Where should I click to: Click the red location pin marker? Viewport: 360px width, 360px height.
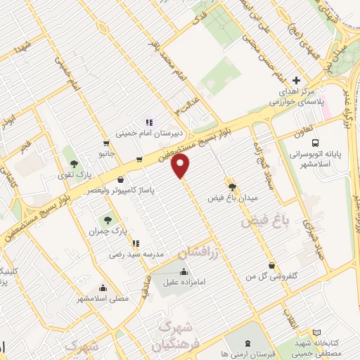(x=181, y=167)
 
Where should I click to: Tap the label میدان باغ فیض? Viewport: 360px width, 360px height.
(x=233, y=198)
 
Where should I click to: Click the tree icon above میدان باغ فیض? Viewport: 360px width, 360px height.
(x=232, y=186)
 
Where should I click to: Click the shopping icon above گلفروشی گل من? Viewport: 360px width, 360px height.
(x=272, y=265)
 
